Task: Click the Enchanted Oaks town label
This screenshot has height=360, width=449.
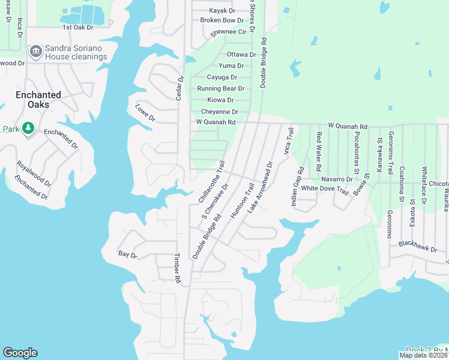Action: tap(38, 100)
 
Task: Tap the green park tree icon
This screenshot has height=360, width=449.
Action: tap(28, 128)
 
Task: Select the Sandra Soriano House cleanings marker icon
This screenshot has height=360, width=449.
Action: tap(35, 52)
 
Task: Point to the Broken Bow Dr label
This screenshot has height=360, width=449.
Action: tap(221, 20)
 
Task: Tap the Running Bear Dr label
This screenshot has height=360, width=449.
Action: tap(220, 89)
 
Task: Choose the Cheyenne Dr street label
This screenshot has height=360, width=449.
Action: tap(219, 112)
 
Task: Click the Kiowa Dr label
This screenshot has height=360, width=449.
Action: tap(220, 100)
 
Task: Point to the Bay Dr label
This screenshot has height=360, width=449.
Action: tap(128, 255)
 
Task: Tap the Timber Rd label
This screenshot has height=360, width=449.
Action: tap(178, 268)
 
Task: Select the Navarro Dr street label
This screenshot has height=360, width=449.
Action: tap(337, 179)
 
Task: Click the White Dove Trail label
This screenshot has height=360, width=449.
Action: tap(325, 188)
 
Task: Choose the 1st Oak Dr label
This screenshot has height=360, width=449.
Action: tap(79, 28)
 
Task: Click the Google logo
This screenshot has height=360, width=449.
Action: tap(20, 353)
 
